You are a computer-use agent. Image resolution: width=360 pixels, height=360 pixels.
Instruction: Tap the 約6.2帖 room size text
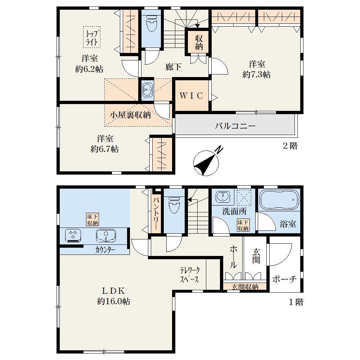click(x=89, y=69)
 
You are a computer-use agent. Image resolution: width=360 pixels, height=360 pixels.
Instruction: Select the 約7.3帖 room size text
click(x=256, y=75)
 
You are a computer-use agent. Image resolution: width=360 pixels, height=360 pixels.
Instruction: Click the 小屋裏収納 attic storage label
click(x=130, y=115)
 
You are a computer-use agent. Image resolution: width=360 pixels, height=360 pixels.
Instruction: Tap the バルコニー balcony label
click(x=235, y=126)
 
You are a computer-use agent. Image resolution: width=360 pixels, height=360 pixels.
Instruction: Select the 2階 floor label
click(x=290, y=146)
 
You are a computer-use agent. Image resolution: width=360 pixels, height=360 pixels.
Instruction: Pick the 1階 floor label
click(x=296, y=302)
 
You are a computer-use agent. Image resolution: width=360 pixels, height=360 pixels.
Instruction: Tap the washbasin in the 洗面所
click(x=222, y=197)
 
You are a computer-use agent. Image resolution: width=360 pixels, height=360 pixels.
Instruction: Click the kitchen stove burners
click(x=73, y=235)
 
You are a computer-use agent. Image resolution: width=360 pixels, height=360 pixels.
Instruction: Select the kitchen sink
click(x=106, y=235)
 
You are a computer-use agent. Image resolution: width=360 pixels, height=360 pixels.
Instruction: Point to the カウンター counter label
click(x=105, y=250)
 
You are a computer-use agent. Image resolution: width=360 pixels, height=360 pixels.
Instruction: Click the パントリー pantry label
click(x=156, y=213)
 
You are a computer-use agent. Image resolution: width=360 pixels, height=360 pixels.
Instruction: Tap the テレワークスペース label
click(x=190, y=275)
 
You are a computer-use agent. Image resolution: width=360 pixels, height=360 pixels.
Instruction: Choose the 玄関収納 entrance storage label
click(x=245, y=287)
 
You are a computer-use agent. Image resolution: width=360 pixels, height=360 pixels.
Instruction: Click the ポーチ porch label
click(x=284, y=279)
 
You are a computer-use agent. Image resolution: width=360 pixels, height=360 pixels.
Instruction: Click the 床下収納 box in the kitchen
click(x=93, y=220)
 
